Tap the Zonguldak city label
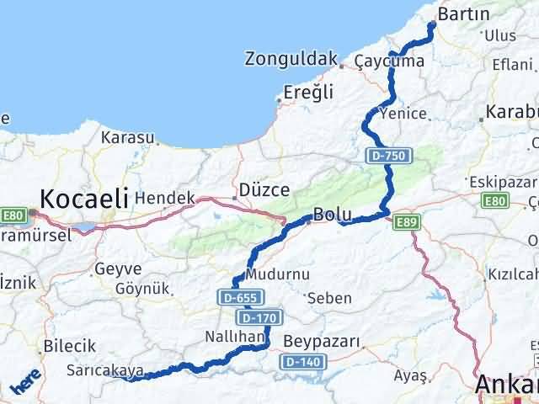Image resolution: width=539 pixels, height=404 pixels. click(290, 59)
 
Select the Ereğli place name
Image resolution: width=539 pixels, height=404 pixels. click(309, 92)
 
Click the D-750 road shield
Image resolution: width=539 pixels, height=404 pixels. click(382, 156)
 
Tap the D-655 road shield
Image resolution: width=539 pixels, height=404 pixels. click(242, 297)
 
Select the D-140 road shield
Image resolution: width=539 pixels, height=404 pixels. click(301, 362)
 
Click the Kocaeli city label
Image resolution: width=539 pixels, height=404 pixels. click(84, 199)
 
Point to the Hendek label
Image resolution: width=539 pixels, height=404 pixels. click(164, 198)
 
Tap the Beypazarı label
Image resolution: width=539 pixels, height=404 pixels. click(322, 341)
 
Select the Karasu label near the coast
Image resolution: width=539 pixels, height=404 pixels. click(128, 137)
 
